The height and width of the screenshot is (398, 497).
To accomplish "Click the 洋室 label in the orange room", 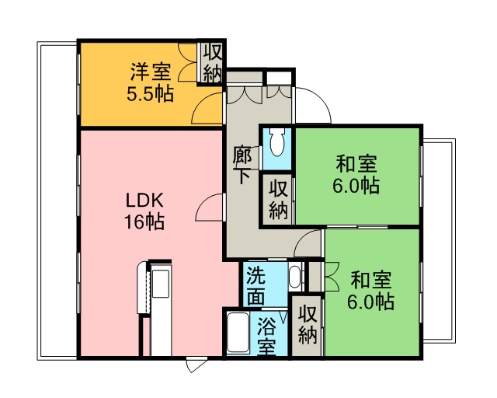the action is pyautogui.click(x=151, y=72).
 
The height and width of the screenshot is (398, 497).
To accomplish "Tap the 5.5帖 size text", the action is pyautogui.click(x=150, y=93).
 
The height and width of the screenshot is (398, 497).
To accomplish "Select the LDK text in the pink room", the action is pyautogui.click(x=144, y=201).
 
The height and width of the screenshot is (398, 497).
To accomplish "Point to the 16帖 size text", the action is pyautogui.click(x=144, y=222).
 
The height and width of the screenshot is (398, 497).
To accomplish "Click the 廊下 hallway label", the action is pyautogui.click(x=242, y=165).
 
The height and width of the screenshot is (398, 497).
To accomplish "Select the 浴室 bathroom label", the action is pyautogui.click(x=266, y=336).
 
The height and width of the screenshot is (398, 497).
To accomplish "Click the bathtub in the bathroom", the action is pyautogui.click(x=238, y=332).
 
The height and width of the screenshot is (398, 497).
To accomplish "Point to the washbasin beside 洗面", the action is pyautogui.click(x=294, y=277).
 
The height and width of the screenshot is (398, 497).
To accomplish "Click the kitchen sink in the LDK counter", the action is pyautogui.click(x=161, y=284).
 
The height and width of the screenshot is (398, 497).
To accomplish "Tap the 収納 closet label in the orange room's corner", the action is pyautogui.click(x=212, y=64).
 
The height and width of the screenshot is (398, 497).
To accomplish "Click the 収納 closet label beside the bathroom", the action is pyautogui.click(x=308, y=324).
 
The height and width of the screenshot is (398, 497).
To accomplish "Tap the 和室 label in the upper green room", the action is pyautogui.click(x=356, y=163).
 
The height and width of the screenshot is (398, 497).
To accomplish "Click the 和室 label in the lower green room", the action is pyautogui.click(x=371, y=280).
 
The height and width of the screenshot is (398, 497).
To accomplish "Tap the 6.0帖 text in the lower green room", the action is pyautogui.click(x=370, y=302).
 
